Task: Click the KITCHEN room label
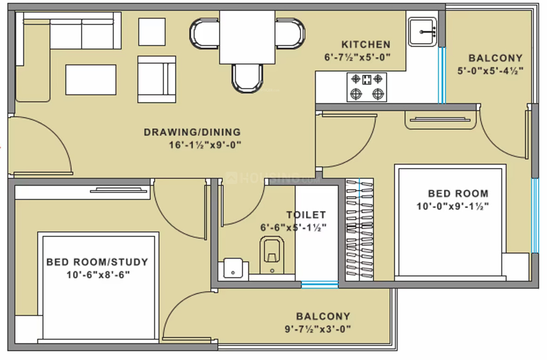click(366, 45)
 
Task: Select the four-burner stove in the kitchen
click(367, 87)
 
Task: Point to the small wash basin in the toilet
click(233, 268)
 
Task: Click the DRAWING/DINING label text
click(192, 132)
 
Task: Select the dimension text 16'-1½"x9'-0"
click(205, 145)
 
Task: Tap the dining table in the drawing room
click(247, 37)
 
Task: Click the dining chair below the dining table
click(247, 78)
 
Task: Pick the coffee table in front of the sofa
click(91, 79)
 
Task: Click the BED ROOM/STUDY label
click(97, 262)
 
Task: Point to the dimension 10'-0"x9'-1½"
click(452, 206)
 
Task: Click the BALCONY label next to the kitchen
click(495, 58)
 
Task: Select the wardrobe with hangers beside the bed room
click(359, 229)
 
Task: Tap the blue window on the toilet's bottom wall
click(320, 284)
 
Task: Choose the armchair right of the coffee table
click(156, 79)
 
